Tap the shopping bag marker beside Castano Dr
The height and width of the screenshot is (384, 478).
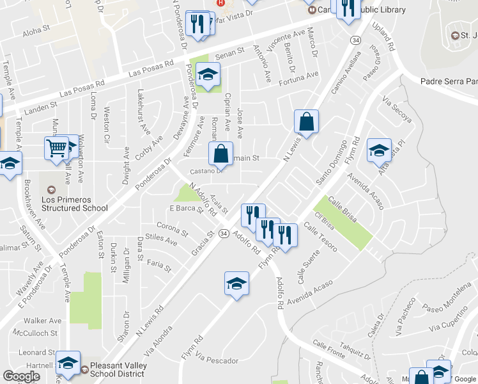pos(220,154)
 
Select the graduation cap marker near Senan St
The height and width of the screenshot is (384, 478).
pos(207,76)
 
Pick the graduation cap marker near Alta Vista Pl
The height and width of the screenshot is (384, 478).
pos(379,151)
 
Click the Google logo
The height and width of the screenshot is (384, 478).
pos(21,376)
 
